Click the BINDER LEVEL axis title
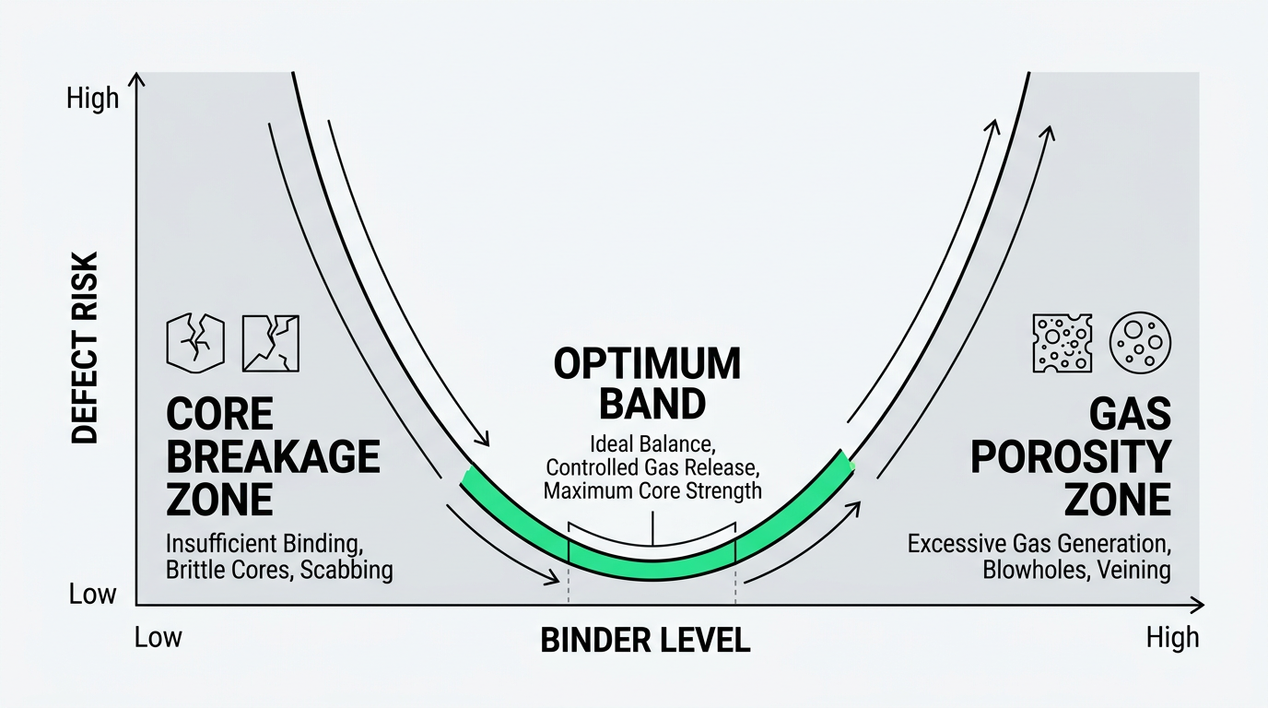click(x=645, y=640)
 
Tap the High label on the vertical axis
click(x=92, y=98)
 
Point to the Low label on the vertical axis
click(x=93, y=594)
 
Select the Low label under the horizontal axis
click(x=158, y=637)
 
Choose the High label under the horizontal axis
click(x=1172, y=637)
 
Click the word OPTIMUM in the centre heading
click(x=647, y=364)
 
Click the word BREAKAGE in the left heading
click(x=273, y=456)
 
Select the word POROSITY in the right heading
click(x=1071, y=456)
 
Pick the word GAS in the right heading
click(x=1130, y=415)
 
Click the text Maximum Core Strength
click(x=652, y=490)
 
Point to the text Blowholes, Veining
click(x=1076, y=570)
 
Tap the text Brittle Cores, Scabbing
click(x=279, y=570)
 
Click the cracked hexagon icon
click(x=194, y=342)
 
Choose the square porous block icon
click(x=1060, y=343)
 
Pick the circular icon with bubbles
click(x=1140, y=343)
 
